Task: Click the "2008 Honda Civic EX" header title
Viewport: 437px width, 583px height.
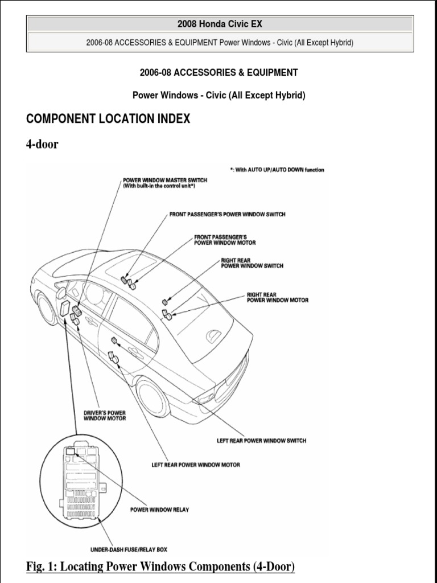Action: point(220,24)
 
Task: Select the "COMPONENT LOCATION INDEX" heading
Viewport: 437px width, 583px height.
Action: point(108,119)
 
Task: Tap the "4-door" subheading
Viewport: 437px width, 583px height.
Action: point(42,144)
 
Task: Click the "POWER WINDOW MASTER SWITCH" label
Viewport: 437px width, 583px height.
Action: point(165,180)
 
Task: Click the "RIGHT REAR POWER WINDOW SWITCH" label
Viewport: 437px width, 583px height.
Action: point(252,262)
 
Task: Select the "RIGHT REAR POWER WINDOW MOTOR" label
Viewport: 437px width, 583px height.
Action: point(278,297)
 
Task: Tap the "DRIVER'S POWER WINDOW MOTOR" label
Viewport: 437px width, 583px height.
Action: point(105,415)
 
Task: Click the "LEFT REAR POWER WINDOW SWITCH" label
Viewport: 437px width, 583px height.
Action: point(261,440)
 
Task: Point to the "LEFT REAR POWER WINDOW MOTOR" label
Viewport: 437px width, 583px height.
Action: point(195,465)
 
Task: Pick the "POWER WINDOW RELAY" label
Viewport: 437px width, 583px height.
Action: point(159,510)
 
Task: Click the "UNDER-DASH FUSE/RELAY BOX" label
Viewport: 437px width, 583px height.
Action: point(129,549)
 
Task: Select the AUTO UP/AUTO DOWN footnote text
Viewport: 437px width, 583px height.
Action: point(277,170)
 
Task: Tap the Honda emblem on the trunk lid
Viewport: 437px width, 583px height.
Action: point(215,336)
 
